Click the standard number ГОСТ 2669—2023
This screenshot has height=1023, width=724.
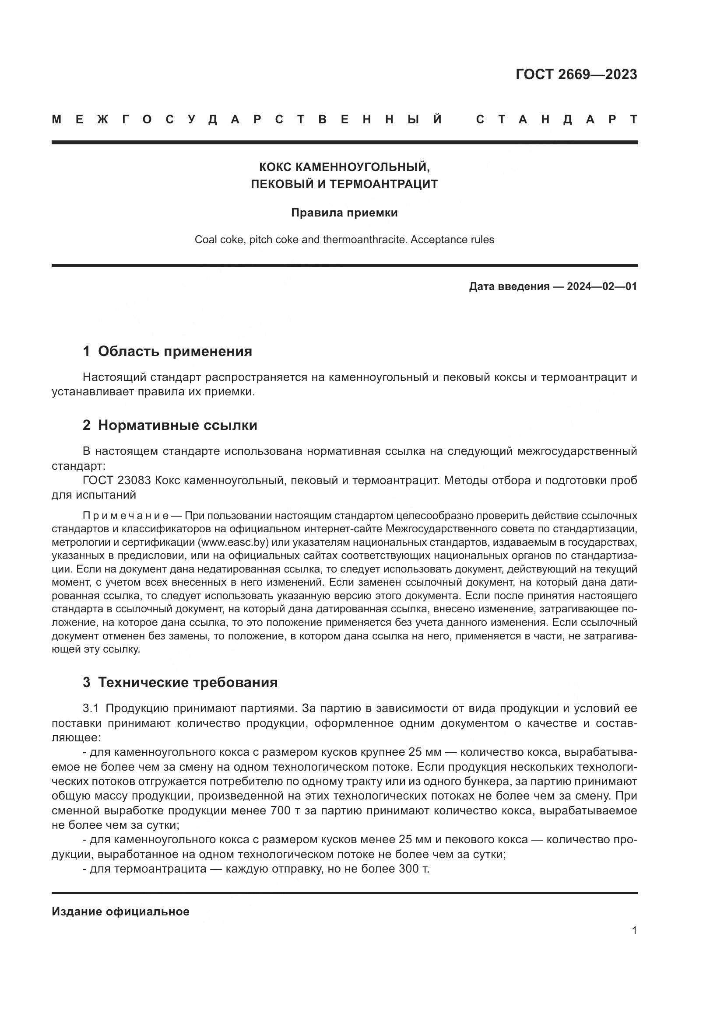576,74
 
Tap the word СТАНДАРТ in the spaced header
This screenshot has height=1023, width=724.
557,119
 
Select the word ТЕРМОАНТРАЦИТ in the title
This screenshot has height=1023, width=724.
384,184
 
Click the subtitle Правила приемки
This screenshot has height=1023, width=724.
344,213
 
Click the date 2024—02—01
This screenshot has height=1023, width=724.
602,286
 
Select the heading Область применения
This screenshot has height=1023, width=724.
175,351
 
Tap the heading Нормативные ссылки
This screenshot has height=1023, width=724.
177,425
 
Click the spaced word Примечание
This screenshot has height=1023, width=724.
125,516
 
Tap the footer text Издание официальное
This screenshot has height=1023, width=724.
120,911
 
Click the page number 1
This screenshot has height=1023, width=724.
634,931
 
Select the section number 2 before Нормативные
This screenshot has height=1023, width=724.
87,425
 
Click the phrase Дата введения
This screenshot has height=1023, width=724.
509,286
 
